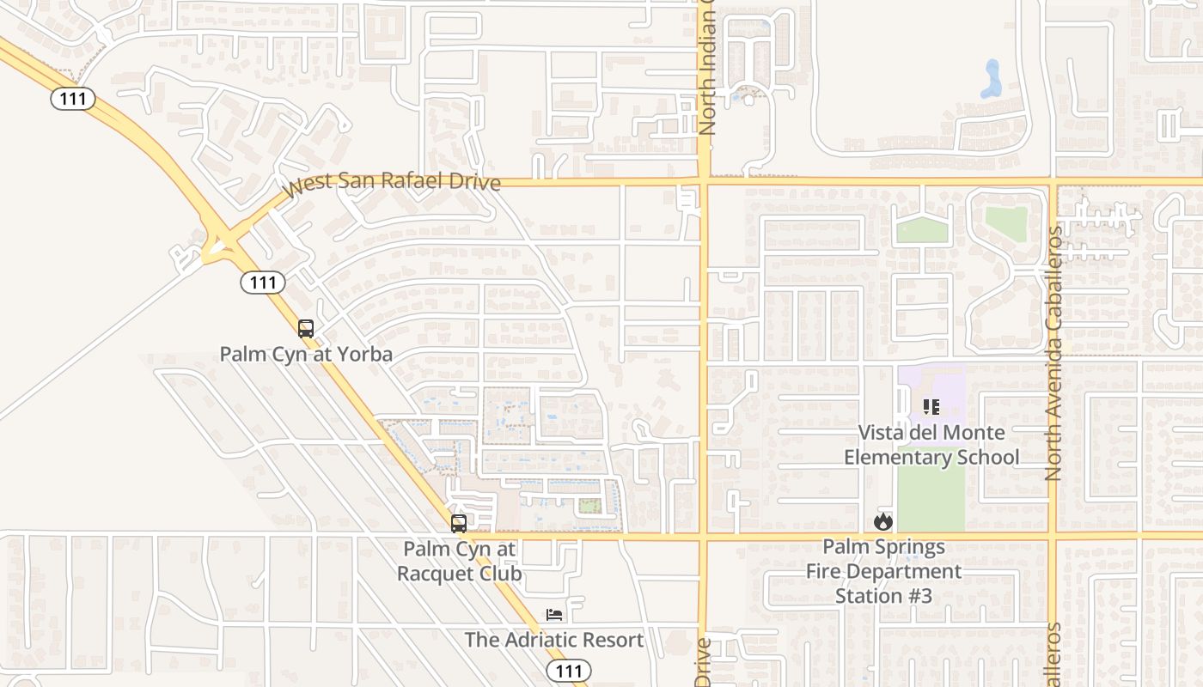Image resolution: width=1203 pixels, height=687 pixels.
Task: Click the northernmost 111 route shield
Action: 73,99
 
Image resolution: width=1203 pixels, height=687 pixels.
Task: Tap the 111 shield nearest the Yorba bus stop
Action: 263,282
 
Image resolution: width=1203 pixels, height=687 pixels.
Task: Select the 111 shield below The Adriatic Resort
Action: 568,671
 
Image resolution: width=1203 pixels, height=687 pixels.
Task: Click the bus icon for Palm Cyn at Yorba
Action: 305,328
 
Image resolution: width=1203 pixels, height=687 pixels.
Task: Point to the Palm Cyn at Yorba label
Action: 306,354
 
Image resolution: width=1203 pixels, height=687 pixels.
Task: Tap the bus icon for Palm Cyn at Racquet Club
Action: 459,523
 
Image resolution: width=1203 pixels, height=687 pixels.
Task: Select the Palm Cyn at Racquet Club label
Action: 459,561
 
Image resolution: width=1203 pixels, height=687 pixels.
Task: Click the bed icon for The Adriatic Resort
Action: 554,615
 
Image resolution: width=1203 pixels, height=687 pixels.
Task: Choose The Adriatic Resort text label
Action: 554,640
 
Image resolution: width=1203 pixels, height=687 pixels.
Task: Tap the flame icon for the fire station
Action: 883,521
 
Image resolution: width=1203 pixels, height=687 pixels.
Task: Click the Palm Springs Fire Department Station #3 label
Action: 883,571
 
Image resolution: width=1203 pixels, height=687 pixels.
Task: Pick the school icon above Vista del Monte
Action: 931,407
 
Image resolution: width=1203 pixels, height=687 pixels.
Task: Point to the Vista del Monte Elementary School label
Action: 931,445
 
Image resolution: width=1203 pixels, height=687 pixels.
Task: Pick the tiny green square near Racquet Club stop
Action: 589,506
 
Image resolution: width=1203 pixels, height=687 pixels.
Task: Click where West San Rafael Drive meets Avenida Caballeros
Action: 1053,181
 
